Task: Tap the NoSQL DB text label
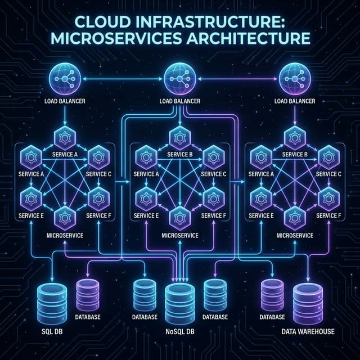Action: click(179, 331)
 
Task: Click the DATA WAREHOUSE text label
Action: click(308, 332)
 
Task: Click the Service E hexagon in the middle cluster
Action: click(146, 197)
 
